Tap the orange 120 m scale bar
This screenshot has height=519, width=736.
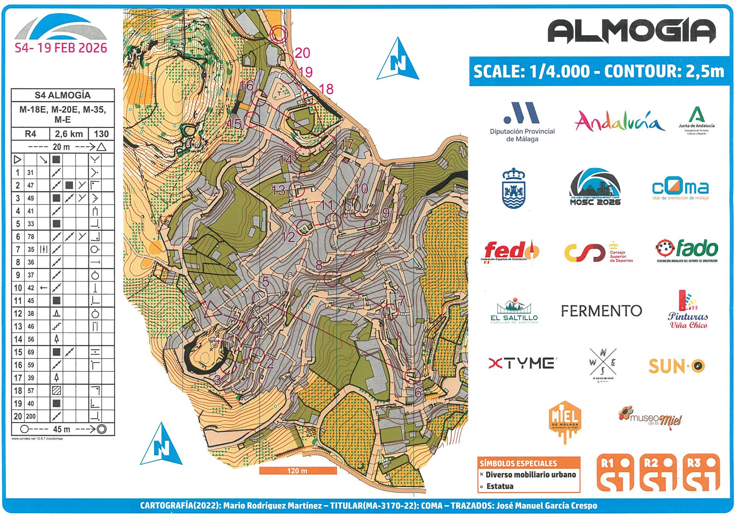click(x=298, y=470)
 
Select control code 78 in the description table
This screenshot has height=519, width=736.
click(x=31, y=237)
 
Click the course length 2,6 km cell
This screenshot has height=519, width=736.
click(x=69, y=134)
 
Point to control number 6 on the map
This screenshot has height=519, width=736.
click(x=418, y=392)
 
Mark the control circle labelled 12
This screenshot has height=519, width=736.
click(x=305, y=227)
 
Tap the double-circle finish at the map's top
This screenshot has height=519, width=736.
click(x=279, y=34)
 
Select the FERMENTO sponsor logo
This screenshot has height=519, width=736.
click(x=601, y=311)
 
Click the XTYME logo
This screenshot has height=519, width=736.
click(x=521, y=363)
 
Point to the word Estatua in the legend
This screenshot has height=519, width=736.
click(x=500, y=486)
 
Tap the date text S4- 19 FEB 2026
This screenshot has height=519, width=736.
click(x=61, y=48)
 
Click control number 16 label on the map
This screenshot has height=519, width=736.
click(x=246, y=86)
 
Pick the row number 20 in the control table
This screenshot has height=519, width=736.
click(x=18, y=416)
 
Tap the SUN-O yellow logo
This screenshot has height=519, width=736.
click(x=676, y=366)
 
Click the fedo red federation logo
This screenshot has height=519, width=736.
click(x=510, y=251)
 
